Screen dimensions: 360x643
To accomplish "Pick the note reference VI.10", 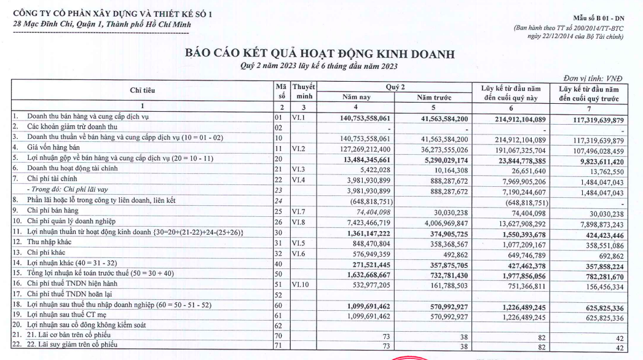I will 301,284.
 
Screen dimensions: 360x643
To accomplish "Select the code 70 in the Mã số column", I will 281,337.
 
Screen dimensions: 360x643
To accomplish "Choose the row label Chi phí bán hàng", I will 53,211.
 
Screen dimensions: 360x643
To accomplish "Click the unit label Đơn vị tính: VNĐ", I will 594,78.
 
